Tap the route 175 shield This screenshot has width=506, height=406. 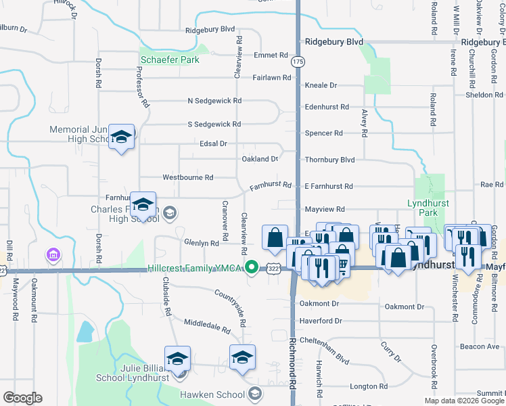point(298,62)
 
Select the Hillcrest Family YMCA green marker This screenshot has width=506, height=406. point(252,268)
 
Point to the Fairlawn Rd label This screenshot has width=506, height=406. point(271,78)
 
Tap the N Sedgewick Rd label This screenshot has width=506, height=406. point(214,101)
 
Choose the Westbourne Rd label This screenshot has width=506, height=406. point(187,177)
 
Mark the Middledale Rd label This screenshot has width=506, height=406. point(207,328)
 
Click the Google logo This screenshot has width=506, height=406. point(22,398)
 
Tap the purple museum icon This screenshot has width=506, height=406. point(53,254)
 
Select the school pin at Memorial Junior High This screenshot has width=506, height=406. point(121,137)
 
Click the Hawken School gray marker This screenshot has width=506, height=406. point(254,393)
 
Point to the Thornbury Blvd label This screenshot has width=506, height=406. point(329,160)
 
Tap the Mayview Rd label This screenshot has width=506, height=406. point(325,210)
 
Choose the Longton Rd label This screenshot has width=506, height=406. point(368,387)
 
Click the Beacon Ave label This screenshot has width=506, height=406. point(479,346)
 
